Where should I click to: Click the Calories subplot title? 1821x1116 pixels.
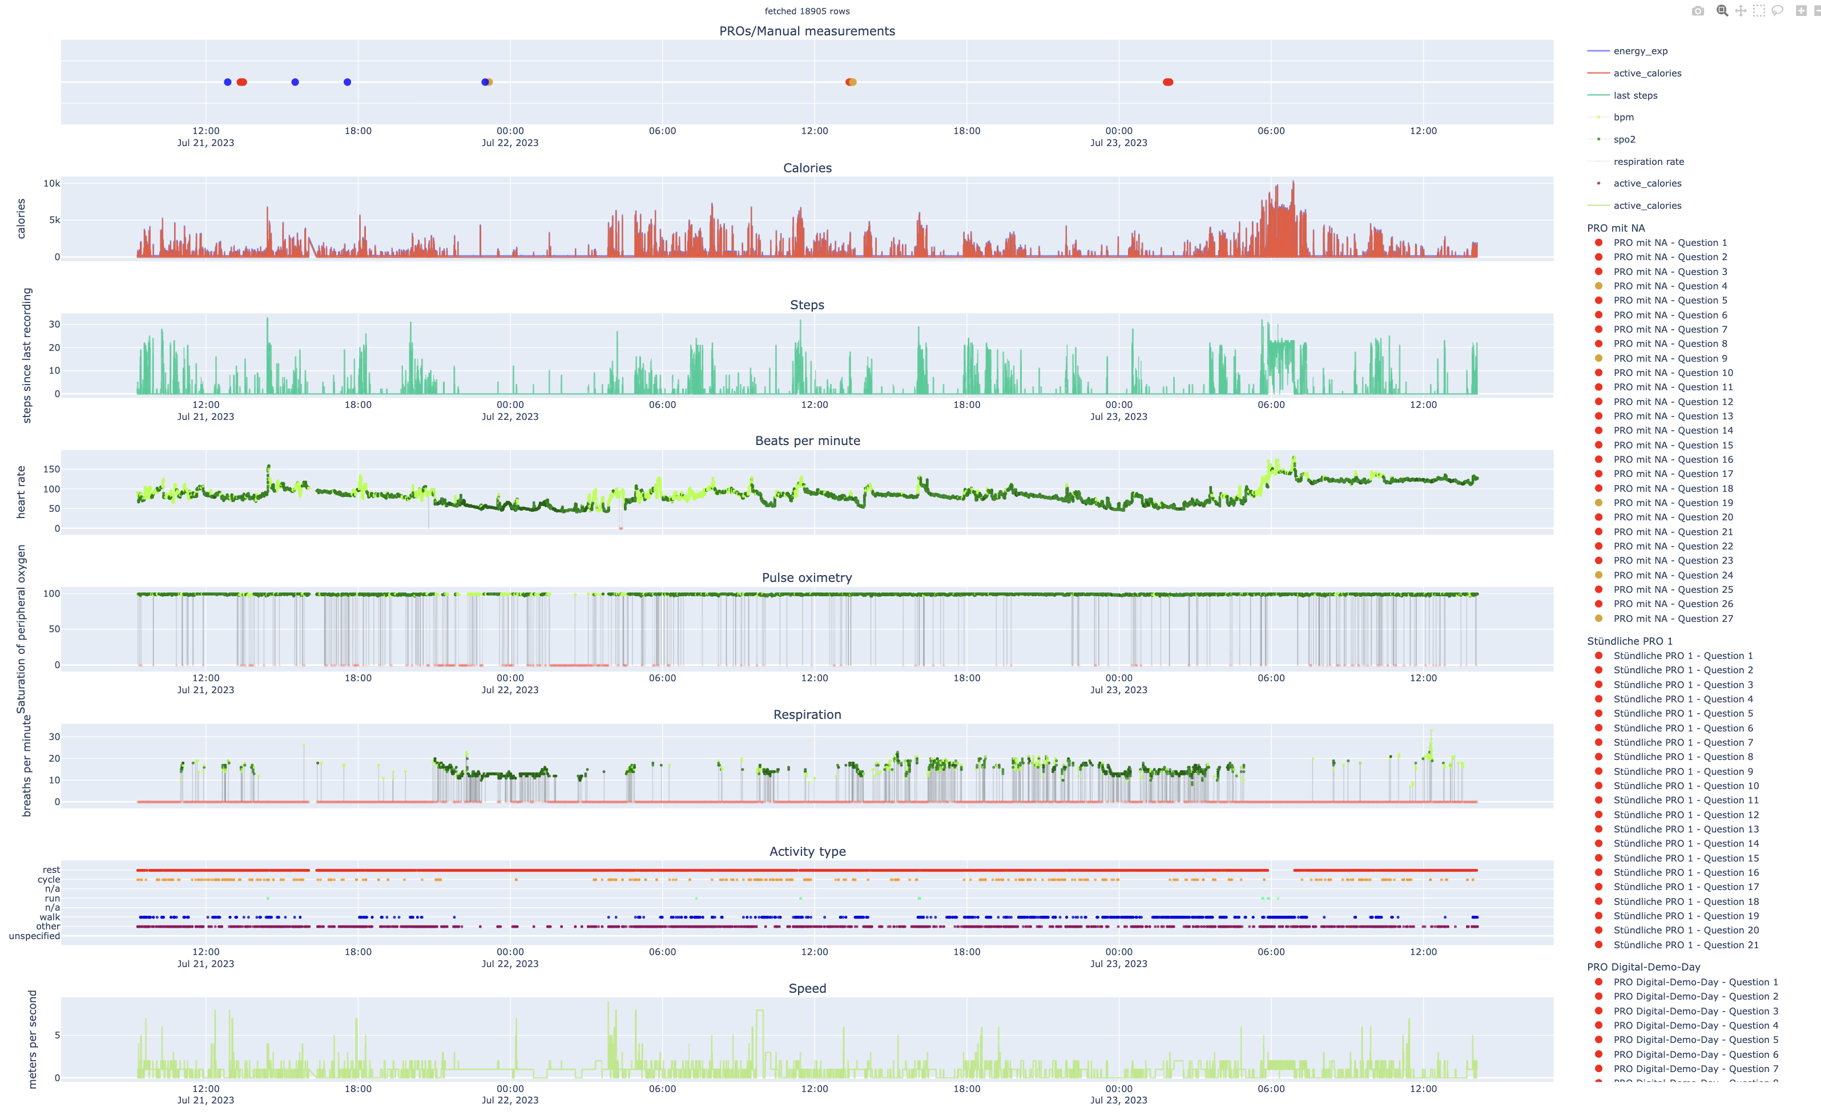pos(807,168)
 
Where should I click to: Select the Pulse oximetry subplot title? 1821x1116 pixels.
pos(807,577)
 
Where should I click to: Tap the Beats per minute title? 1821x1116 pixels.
pos(807,441)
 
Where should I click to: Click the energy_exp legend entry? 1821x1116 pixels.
pos(1640,51)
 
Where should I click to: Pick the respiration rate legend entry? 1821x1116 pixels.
pos(1648,161)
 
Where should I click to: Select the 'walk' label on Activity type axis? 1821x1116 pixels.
pos(50,916)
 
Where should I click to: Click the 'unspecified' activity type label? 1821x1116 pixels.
pos(34,936)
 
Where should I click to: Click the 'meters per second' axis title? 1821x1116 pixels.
pos(32,1038)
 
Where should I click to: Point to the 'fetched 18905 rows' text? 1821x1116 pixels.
pos(807,11)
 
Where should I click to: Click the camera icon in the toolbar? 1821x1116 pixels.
pos(1698,10)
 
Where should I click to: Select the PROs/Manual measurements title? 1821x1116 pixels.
pos(807,31)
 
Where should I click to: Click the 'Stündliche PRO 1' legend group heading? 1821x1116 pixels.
pos(1629,641)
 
